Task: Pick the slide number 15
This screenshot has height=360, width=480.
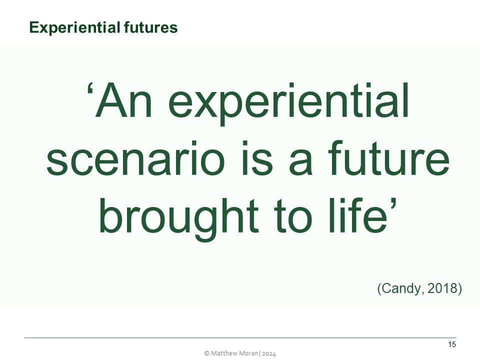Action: pos(452,344)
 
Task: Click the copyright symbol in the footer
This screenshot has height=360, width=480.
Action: pos(206,353)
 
